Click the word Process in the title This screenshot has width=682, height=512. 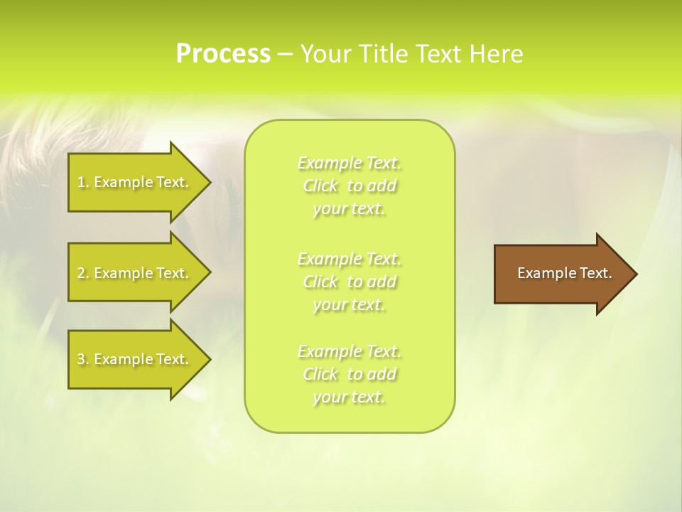[x=223, y=54]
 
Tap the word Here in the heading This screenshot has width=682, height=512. [x=496, y=54]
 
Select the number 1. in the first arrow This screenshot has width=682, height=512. [x=82, y=182]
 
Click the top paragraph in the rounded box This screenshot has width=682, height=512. [x=349, y=186]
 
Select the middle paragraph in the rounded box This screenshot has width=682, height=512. [x=349, y=282]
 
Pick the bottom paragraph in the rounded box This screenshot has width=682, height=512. [x=349, y=374]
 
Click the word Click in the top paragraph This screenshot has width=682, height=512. [x=320, y=186]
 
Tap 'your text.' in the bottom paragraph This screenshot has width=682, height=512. [x=349, y=397]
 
